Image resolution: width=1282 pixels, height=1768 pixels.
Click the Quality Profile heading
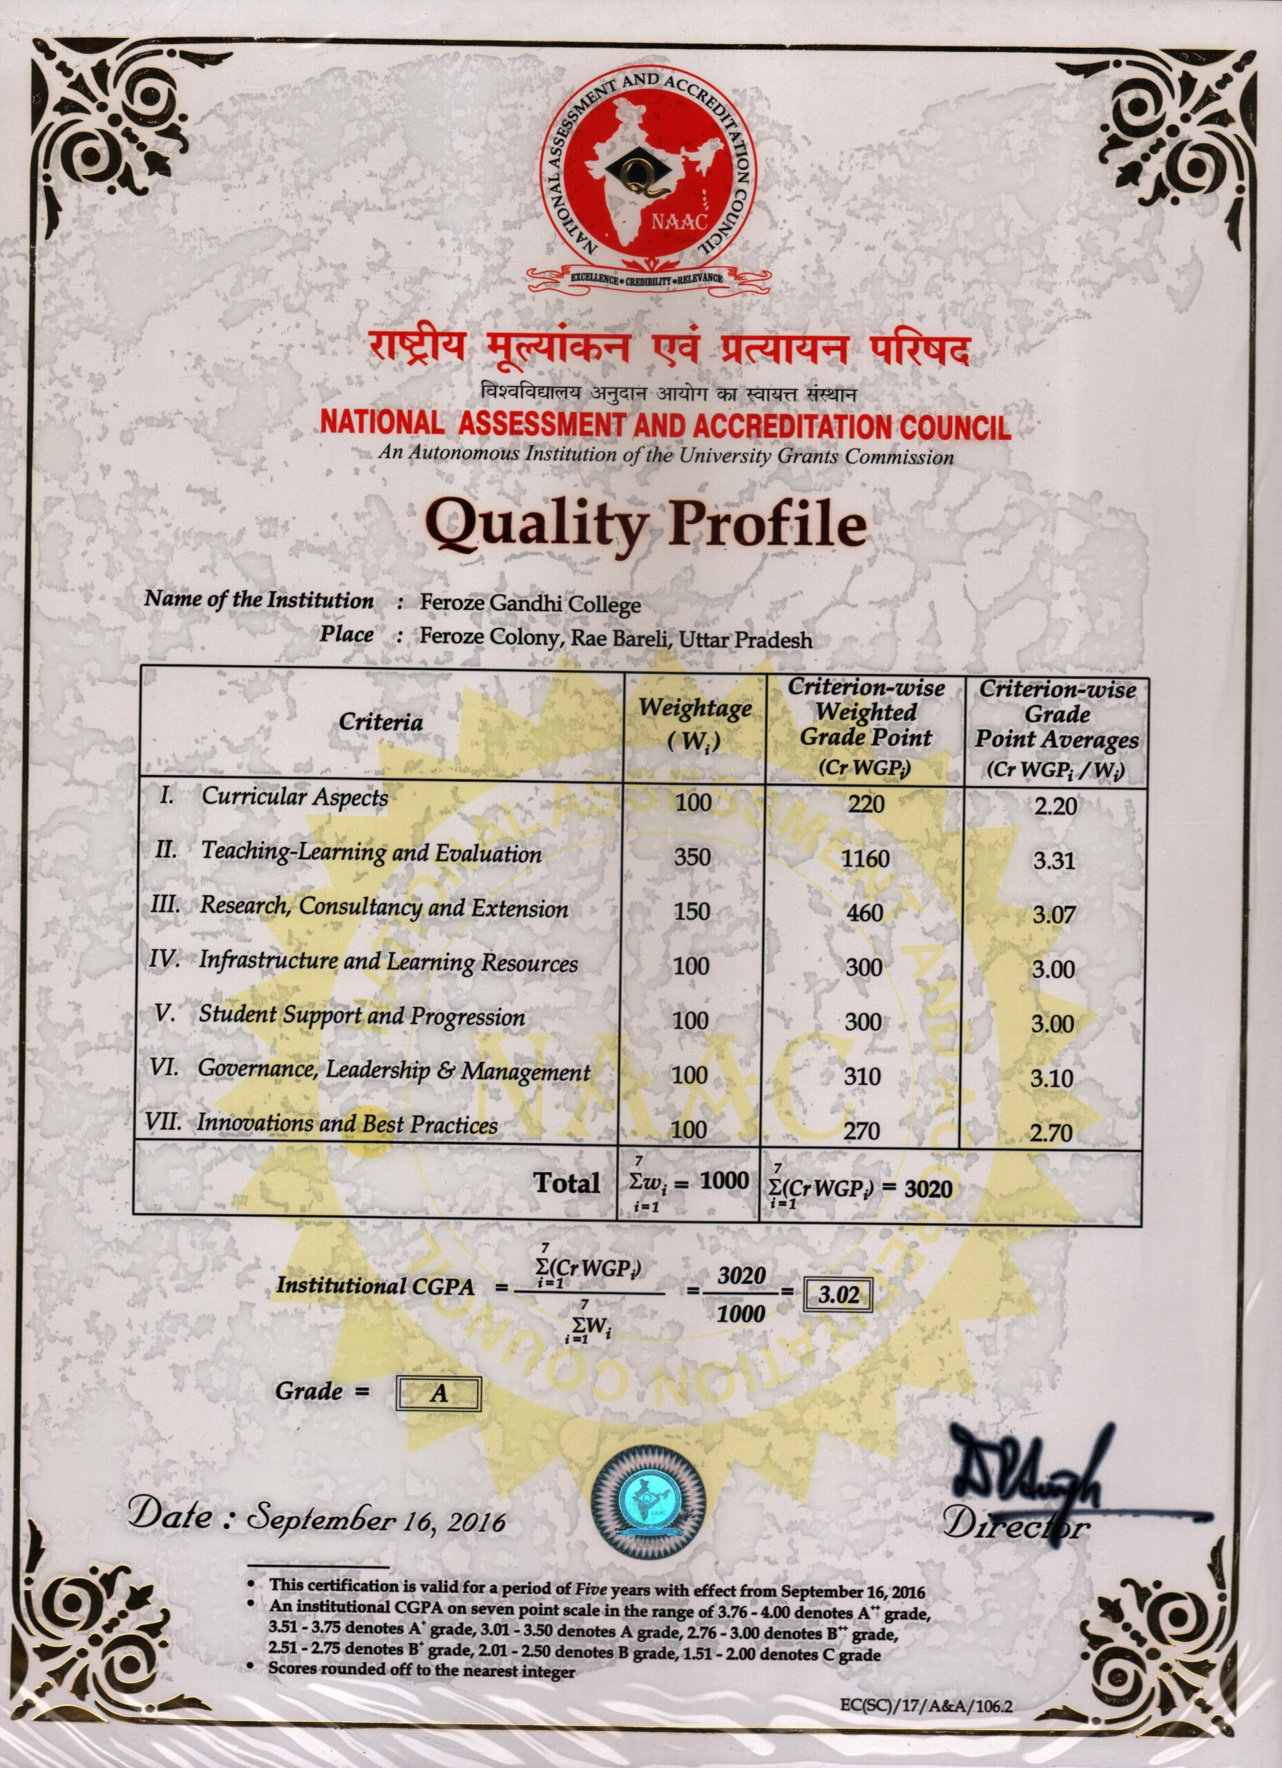(x=647, y=527)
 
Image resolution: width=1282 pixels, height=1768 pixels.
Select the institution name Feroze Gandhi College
(x=530, y=604)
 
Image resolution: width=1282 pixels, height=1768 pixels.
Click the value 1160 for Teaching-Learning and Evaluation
(x=865, y=859)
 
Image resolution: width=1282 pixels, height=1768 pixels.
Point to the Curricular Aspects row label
(x=294, y=797)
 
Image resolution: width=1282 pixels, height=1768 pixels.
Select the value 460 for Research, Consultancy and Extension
(x=865, y=912)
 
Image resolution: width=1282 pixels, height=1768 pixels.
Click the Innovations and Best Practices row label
(x=346, y=1124)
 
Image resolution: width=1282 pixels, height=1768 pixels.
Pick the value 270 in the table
(x=863, y=1131)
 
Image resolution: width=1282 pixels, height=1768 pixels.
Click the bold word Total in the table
(x=567, y=1182)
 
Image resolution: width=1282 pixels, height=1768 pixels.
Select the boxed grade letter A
(x=439, y=1393)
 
